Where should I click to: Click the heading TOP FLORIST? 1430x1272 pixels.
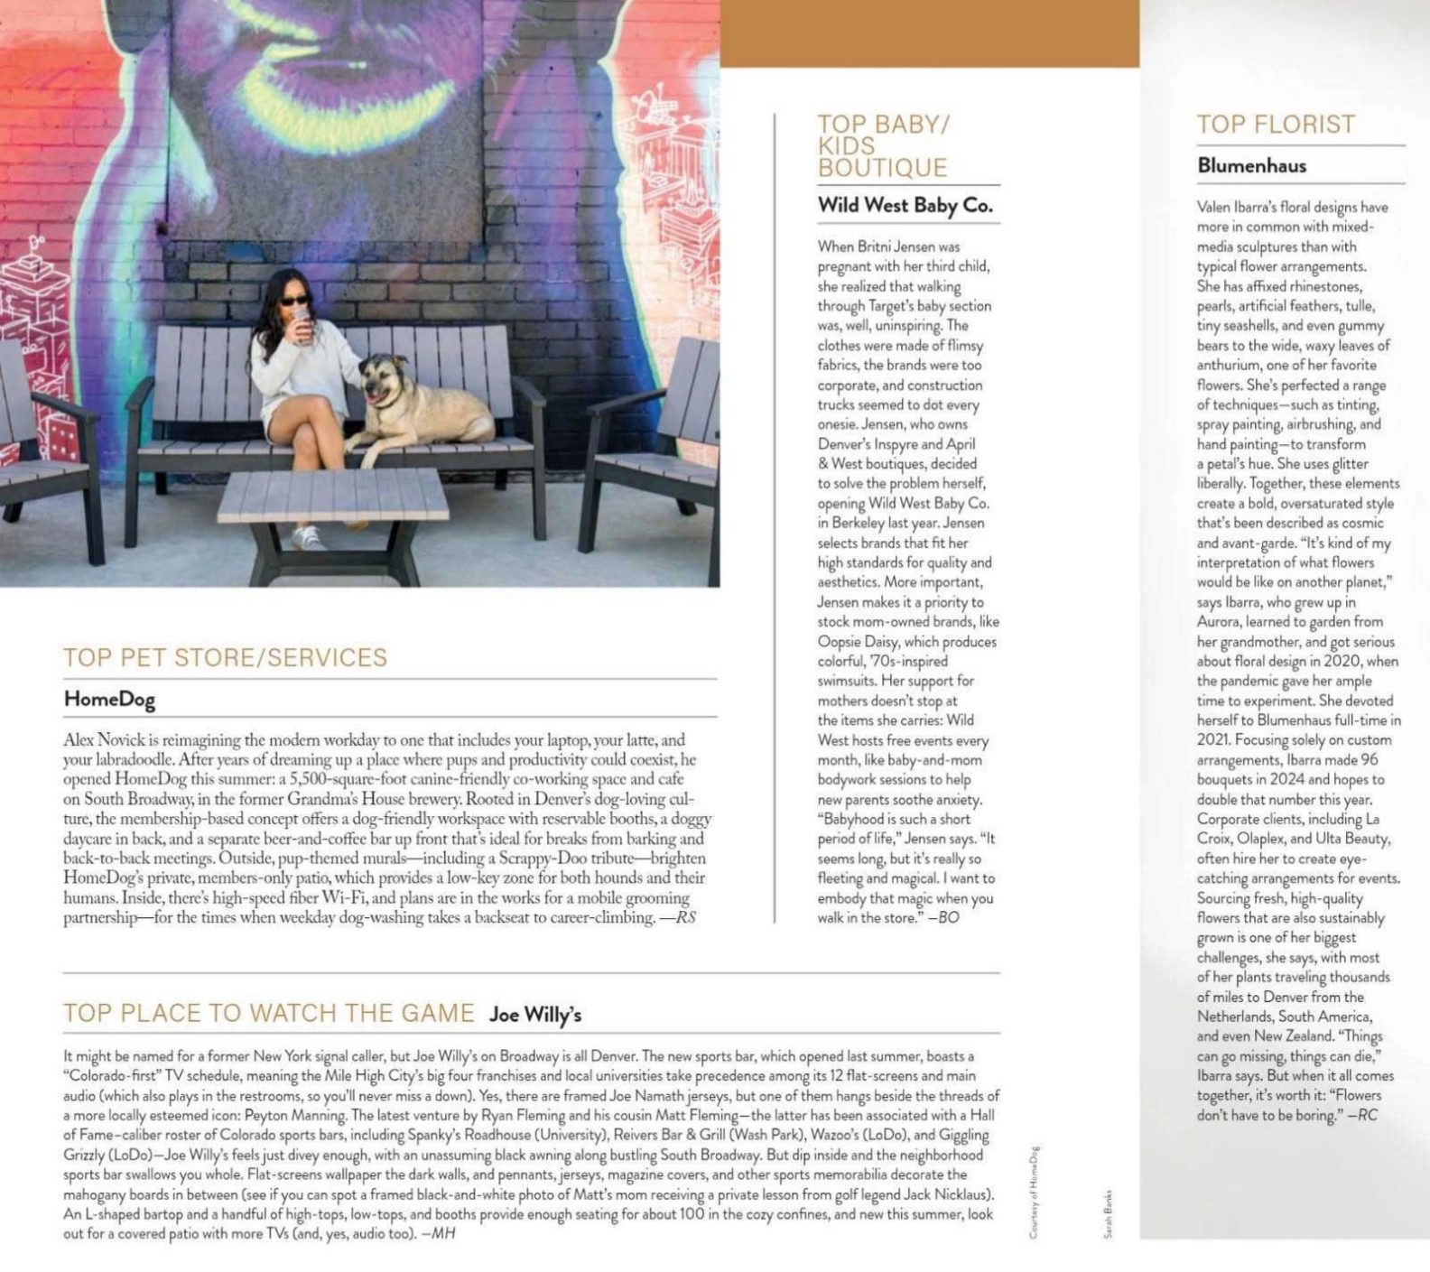coord(1275,125)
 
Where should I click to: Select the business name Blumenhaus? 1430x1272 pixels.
coord(1251,165)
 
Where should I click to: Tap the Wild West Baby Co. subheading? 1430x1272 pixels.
coord(905,205)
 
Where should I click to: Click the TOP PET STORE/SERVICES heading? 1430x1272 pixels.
coord(225,657)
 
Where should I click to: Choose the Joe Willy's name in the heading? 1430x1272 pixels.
coord(535,1015)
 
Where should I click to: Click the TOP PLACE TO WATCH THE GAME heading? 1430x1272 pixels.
coord(268,1013)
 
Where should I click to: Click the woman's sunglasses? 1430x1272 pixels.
coord(295,301)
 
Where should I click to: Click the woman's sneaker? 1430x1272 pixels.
coord(308,538)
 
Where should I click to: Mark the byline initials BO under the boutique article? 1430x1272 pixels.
coord(948,917)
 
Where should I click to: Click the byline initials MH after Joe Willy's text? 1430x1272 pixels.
coord(443,1233)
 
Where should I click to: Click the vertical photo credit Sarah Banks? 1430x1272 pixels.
coord(1108,1213)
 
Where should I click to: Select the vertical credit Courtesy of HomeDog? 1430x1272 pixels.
coord(1034,1192)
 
